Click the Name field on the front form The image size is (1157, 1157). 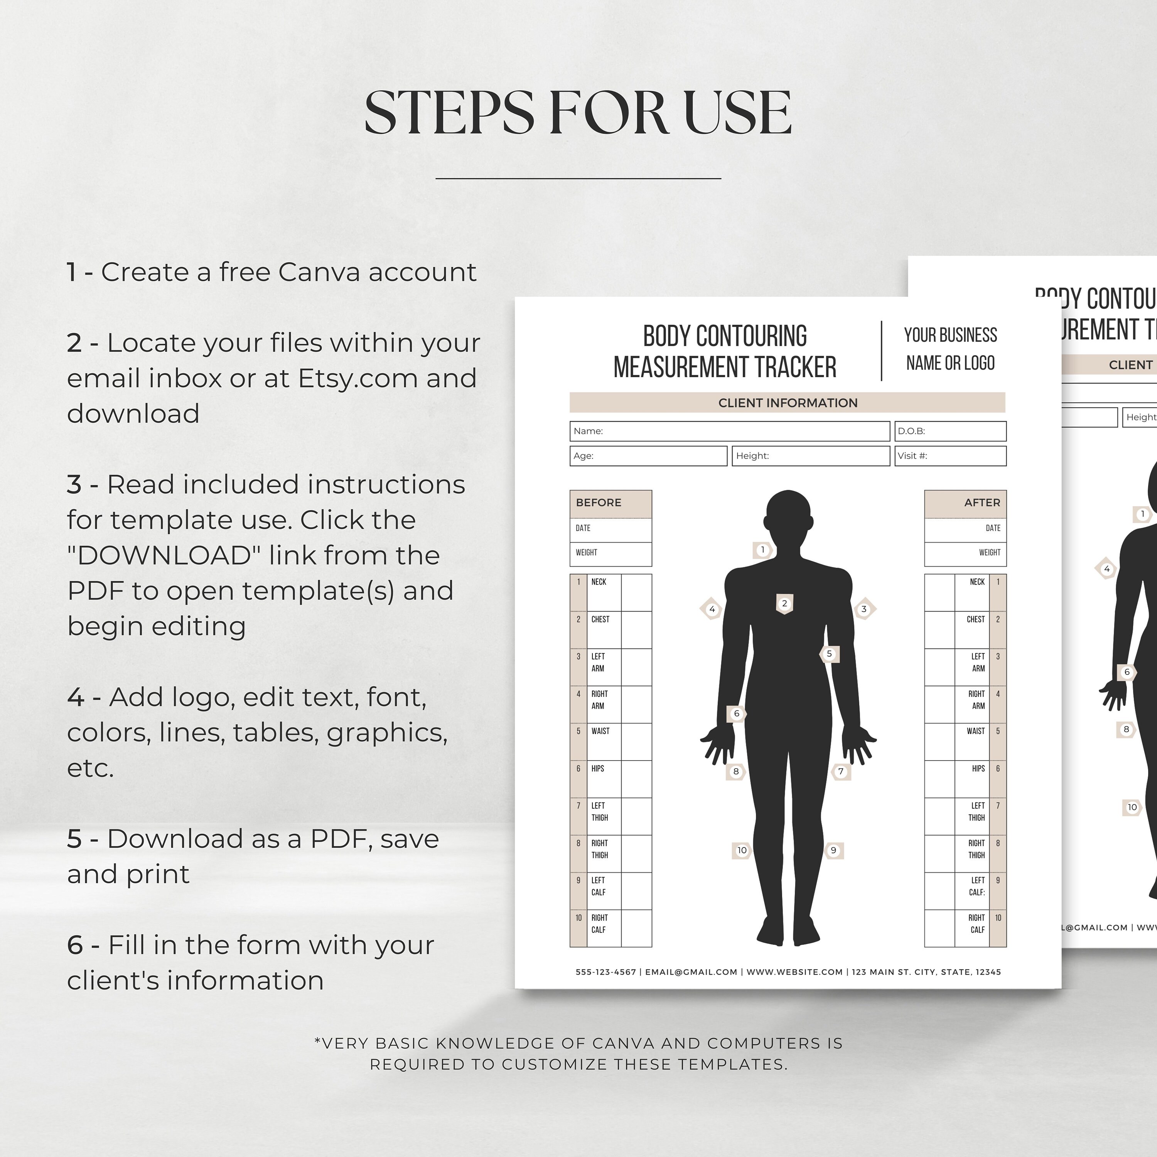(729, 431)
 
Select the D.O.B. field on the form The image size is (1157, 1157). (950, 431)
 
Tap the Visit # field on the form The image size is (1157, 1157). (950, 456)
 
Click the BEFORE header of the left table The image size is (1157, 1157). (599, 503)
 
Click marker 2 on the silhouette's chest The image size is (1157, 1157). (784, 604)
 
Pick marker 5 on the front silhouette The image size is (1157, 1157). (830, 654)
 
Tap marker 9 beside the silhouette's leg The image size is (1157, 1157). (833, 850)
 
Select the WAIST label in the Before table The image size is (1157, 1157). (600, 731)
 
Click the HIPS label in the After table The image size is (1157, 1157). (978, 769)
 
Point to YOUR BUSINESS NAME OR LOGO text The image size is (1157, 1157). (950, 349)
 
